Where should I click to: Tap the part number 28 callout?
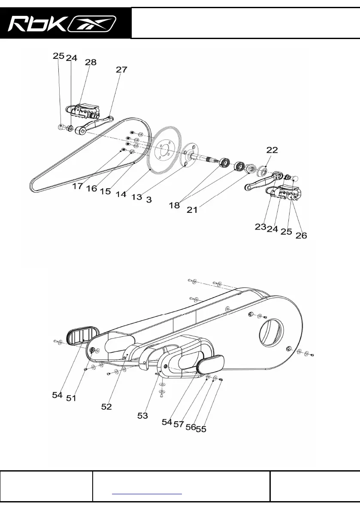[x=91, y=63]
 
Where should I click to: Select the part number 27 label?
[x=121, y=70]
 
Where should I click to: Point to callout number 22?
[x=272, y=150]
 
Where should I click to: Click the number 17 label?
[x=78, y=187]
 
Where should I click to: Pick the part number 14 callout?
[x=121, y=194]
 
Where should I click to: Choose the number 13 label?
[x=136, y=197]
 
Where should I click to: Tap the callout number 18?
[x=174, y=206]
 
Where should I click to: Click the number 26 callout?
[x=301, y=235]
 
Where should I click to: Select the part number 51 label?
[x=71, y=398]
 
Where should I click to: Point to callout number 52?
[x=106, y=407]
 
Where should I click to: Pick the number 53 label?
[x=142, y=415]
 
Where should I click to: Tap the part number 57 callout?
[x=179, y=424]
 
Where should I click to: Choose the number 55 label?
[x=201, y=429]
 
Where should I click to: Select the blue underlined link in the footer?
[x=147, y=493]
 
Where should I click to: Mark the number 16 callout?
[x=92, y=189]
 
